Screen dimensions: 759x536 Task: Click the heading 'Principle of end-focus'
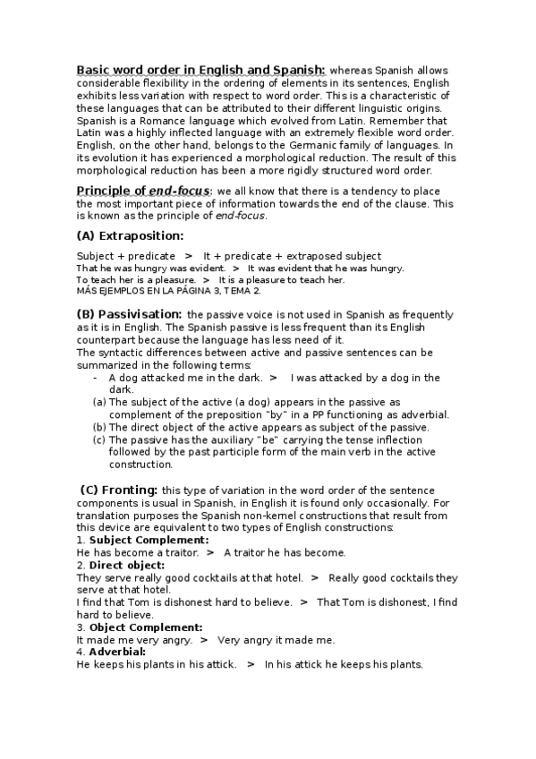pos(143,191)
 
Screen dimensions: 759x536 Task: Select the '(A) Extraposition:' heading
pos(130,236)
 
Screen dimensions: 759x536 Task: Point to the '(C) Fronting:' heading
pos(119,490)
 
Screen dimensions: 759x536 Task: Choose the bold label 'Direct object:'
pos(127,566)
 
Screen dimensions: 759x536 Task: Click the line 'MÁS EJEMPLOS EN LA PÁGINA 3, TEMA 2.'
pos(168,291)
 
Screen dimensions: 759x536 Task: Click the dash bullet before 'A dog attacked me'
pos(96,378)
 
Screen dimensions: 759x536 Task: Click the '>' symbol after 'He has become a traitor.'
pos(210,553)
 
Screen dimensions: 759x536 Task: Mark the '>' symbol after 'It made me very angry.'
pos(205,640)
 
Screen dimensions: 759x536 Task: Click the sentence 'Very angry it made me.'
pos(276,640)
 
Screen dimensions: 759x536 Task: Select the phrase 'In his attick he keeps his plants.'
pos(344,664)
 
